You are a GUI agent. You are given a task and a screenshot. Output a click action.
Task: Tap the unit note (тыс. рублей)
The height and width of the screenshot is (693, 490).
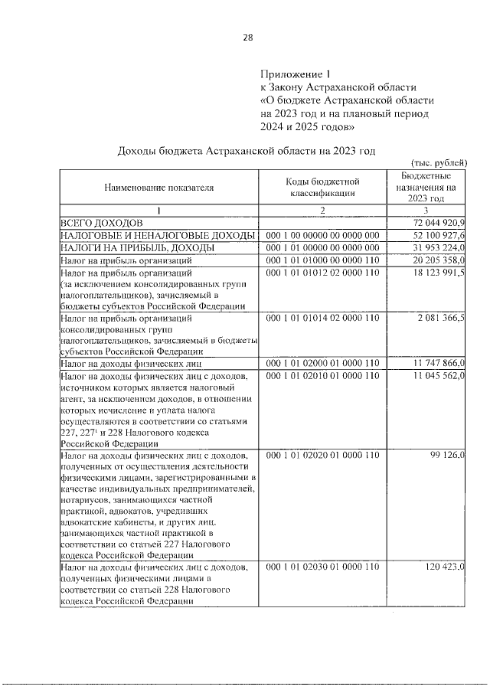(439, 163)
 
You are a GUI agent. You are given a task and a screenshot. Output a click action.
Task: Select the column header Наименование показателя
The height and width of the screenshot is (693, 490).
(155, 186)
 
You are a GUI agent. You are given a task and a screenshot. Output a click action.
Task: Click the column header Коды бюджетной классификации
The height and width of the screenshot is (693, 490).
(322, 186)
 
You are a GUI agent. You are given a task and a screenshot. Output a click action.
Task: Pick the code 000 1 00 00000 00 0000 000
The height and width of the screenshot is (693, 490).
(322, 235)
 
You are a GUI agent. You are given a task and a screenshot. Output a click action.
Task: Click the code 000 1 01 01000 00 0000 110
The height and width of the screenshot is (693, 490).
(322, 261)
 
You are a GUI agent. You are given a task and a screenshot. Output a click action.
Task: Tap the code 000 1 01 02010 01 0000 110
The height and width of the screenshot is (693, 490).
(322, 377)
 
